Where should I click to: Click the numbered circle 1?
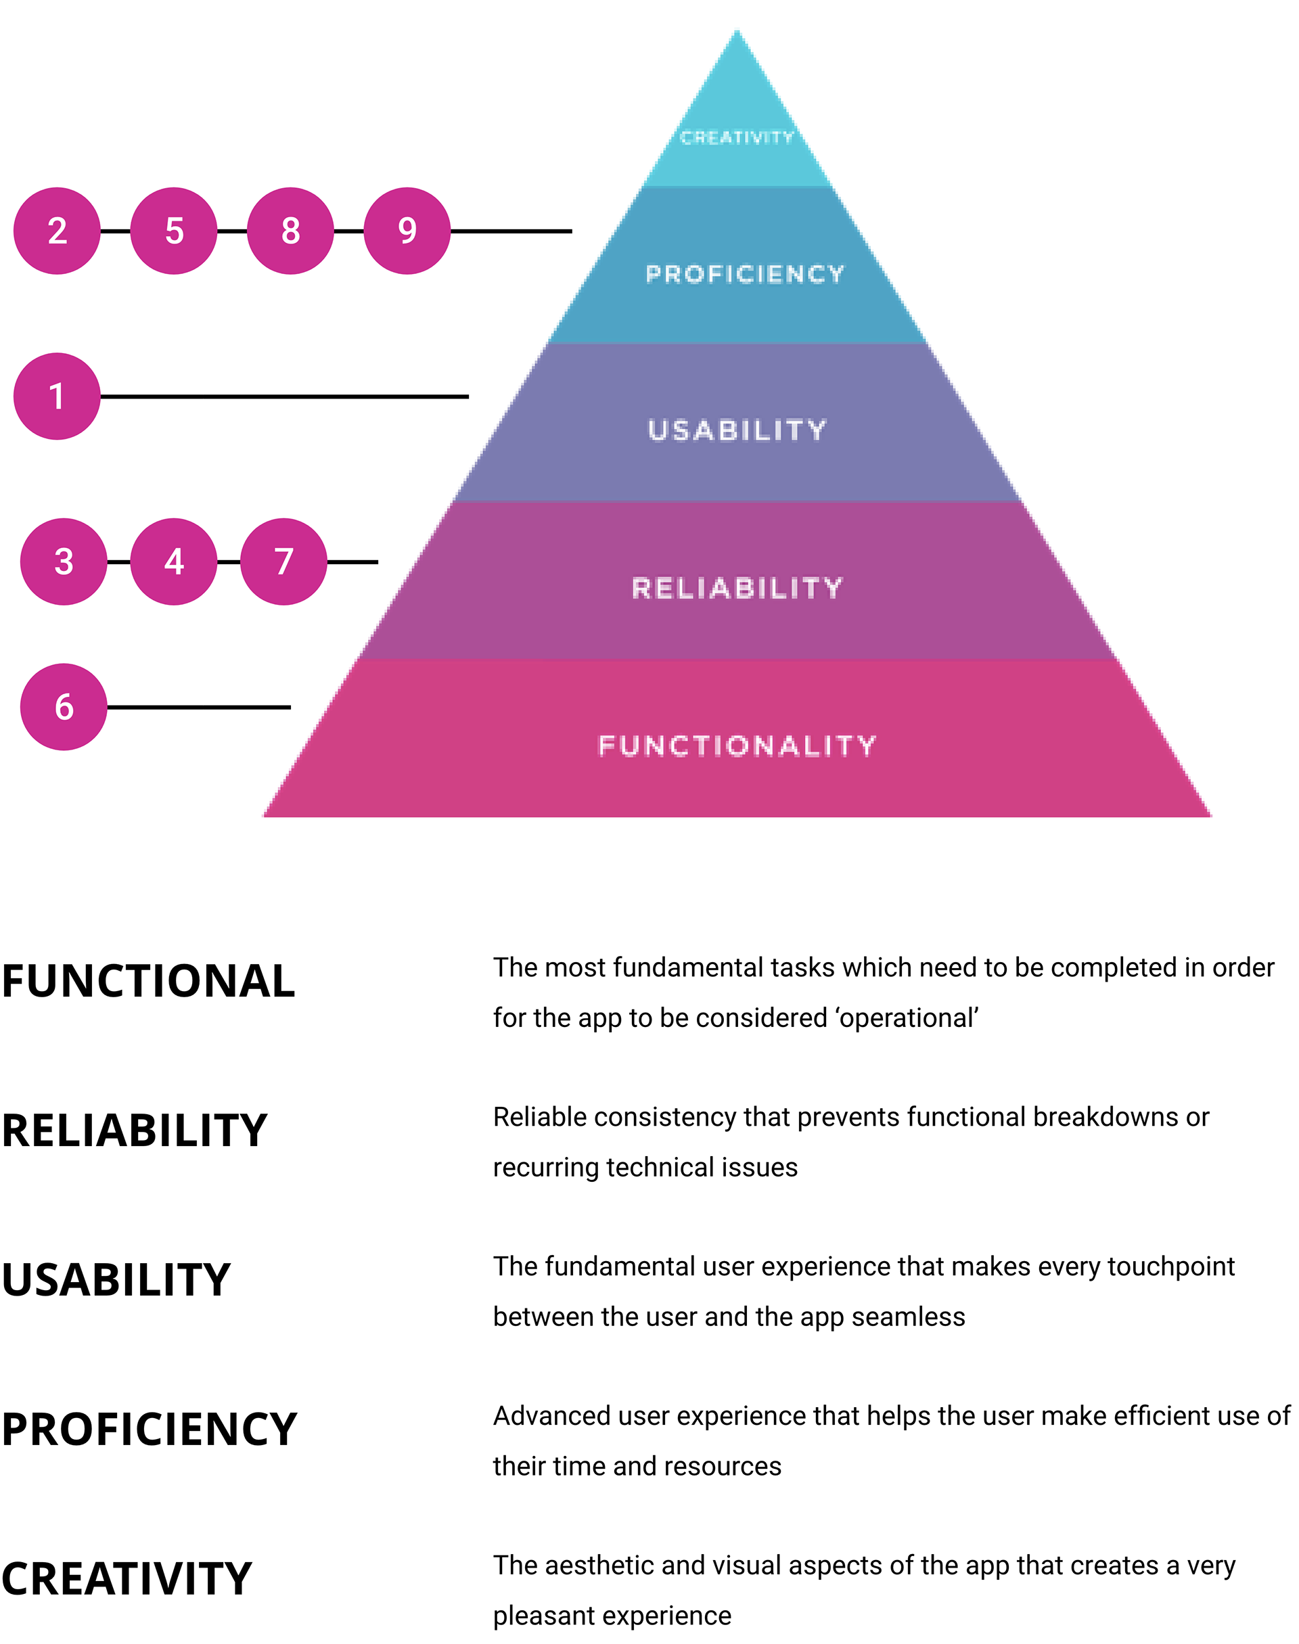[x=57, y=396]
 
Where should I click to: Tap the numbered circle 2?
[x=57, y=231]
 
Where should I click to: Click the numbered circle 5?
[x=173, y=231]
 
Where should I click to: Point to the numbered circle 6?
[x=64, y=707]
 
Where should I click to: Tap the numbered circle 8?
[x=290, y=231]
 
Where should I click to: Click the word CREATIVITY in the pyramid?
[x=736, y=137]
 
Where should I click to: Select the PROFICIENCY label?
[x=745, y=274]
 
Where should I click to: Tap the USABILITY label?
[x=736, y=430]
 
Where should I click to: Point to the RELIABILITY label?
[x=737, y=588]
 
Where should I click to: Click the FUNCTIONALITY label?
[x=737, y=745]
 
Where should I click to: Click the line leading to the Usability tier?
[x=336, y=396]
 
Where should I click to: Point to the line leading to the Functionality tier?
[x=247, y=707]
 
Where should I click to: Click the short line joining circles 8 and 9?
[x=348, y=231]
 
